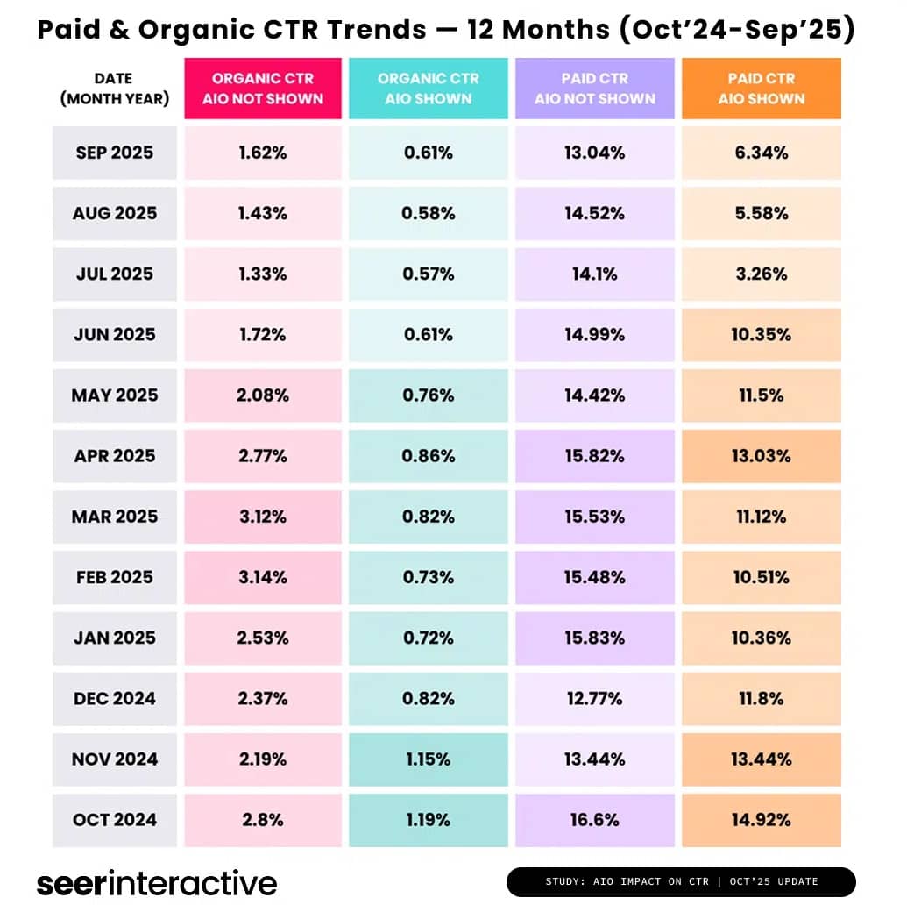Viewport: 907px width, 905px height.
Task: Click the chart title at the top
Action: click(x=446, y=30)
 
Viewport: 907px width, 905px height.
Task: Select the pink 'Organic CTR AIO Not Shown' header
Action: click(x=263, y=89)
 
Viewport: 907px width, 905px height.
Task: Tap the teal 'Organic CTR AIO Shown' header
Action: click(x=428, y=89)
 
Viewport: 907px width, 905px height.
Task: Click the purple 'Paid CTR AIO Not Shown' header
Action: click(x=595, y=89)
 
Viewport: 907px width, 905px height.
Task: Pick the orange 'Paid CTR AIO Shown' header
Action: click(x=761, y=89)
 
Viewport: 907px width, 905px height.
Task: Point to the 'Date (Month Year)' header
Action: click(x=115, y=89)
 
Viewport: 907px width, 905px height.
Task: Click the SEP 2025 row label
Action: click(x=115, y=153)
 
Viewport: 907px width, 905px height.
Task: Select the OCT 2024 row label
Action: click(x=115, y=820)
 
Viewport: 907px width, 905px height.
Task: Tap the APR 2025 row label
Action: click(x=115, y=456)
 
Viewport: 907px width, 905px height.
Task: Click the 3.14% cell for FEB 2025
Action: click(x=263, y=577)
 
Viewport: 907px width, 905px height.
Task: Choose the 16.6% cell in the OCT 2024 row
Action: click(x=595, y=820)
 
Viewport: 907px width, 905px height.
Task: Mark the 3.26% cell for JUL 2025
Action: click(x=761, y=274)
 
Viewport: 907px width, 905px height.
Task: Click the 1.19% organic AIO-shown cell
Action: click(x=428, y=820)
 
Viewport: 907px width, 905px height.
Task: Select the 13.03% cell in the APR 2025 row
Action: click(x=761, y=456)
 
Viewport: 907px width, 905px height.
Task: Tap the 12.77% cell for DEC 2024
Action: click(x=595, y=699)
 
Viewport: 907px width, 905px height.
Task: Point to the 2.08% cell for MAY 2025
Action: click(x=263, y=395)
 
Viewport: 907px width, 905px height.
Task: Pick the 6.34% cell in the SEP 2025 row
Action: click(x=761, y=153)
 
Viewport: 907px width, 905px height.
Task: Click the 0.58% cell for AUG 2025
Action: click(x=428, y=213)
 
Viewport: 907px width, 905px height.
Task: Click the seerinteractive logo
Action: click(x=157, y=882)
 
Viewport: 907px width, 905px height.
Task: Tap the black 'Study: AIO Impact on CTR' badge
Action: click(x=680, y=881)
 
